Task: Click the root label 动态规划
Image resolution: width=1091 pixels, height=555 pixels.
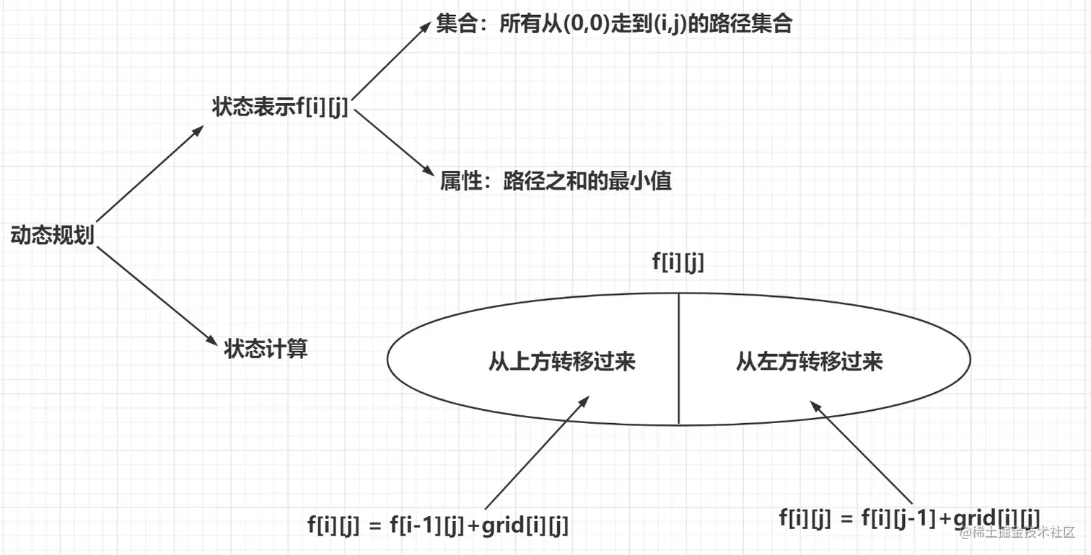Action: [52, 235]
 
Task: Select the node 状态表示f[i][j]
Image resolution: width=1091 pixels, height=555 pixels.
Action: [280, 107]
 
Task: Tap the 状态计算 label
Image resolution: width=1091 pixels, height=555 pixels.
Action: [266, 349]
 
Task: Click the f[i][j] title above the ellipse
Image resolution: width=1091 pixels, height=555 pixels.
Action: [678, 262]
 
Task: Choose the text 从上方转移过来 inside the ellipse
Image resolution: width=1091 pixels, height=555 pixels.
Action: [561, 361]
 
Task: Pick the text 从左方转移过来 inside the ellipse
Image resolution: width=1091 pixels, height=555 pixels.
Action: [809, 361]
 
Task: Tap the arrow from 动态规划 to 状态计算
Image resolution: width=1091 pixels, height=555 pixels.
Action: [155, 294]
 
